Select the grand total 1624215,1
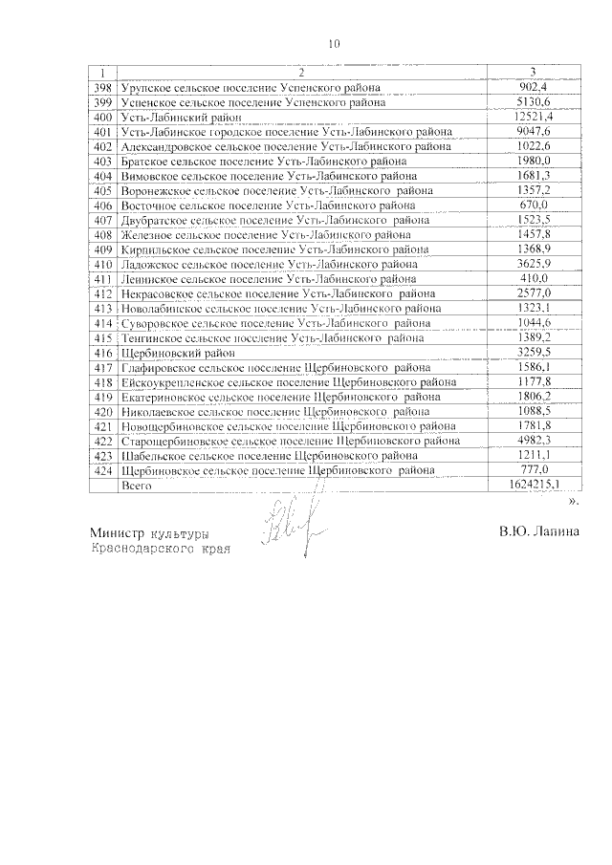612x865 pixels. coord(533,486)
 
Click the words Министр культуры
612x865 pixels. coord(149,533)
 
